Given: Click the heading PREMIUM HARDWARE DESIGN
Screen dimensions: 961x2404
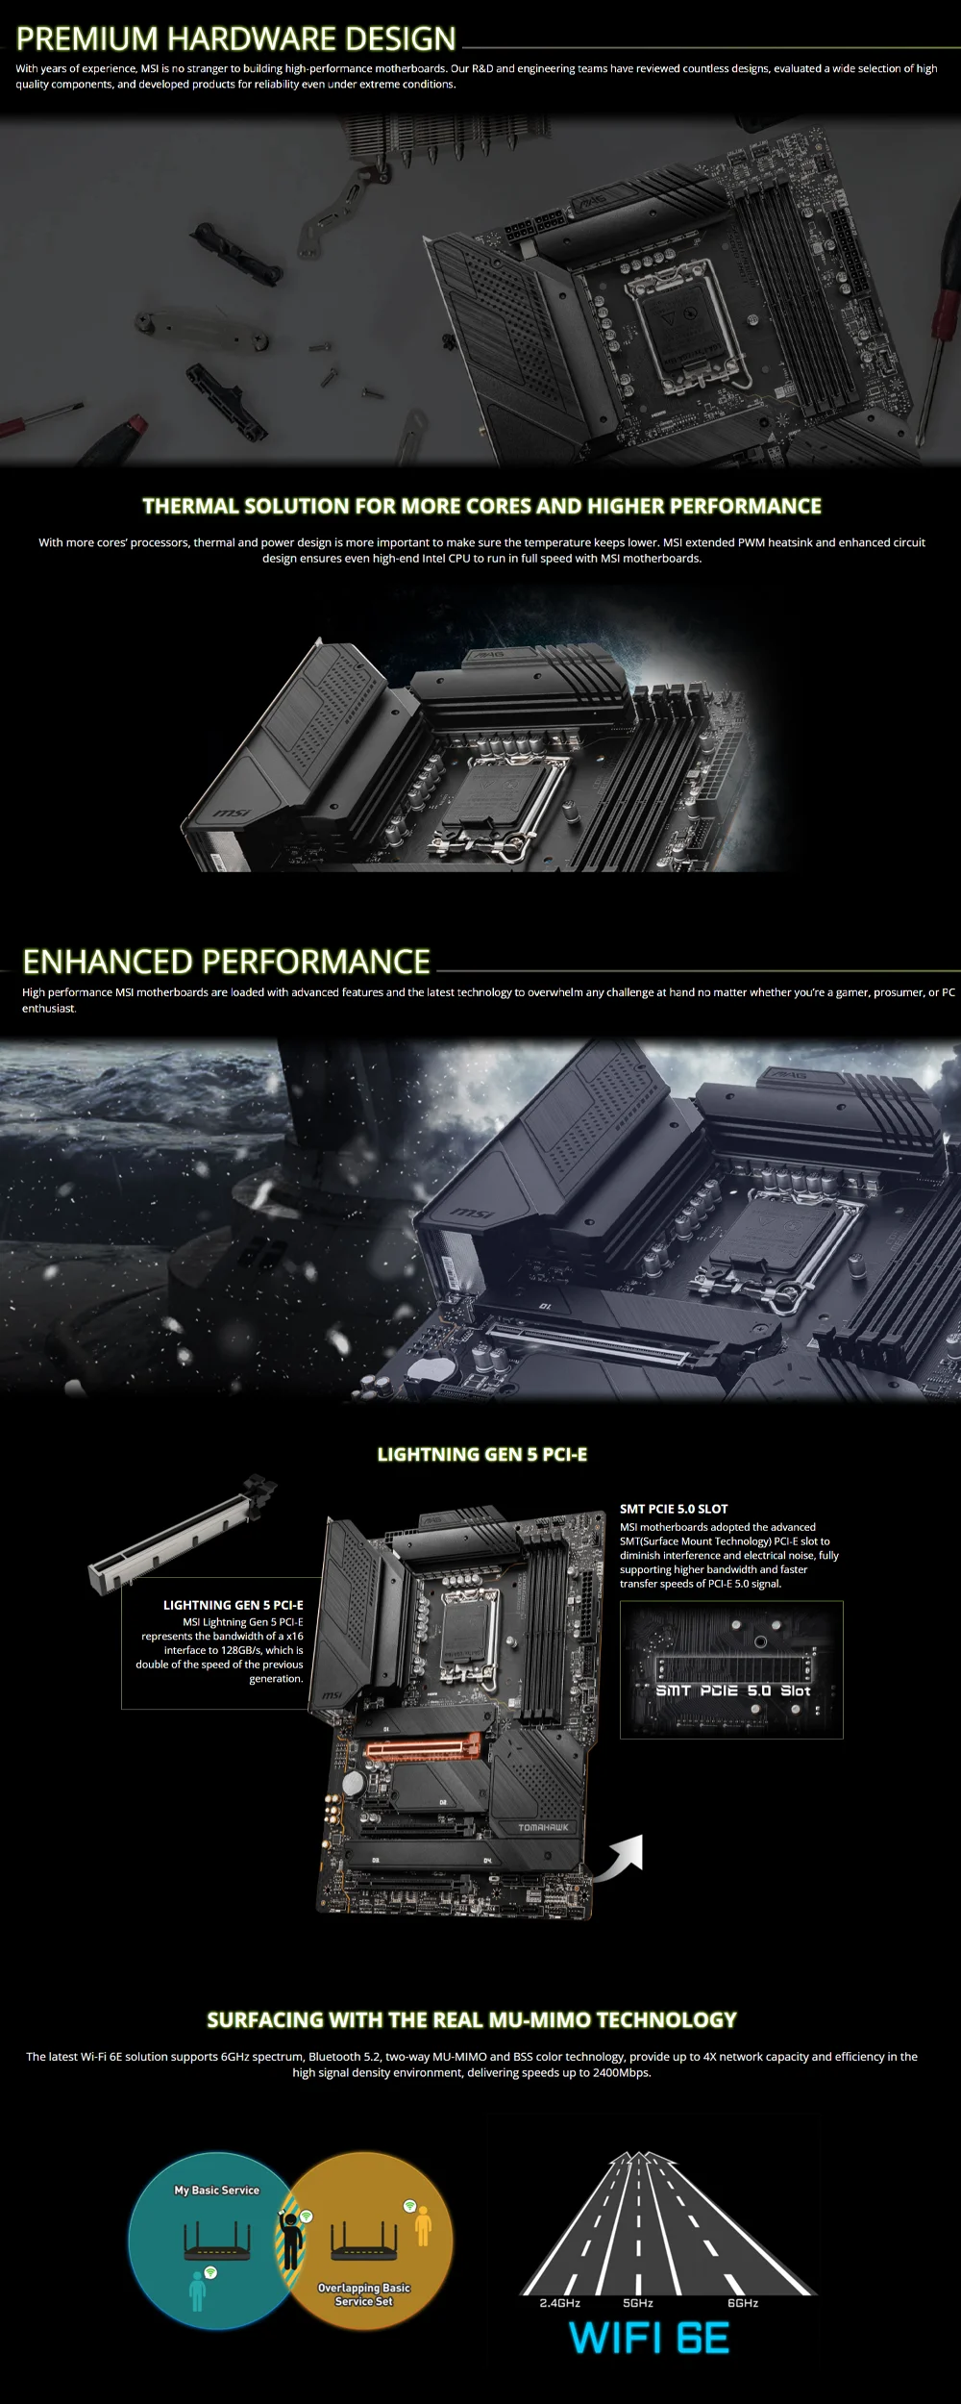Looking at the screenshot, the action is coord(236,38).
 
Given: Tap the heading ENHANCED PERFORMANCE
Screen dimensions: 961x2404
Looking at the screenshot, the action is coord(226,962).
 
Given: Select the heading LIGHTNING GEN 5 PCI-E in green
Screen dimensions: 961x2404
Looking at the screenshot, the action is coord(481,1454).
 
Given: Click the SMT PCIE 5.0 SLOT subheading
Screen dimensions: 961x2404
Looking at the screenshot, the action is coord(674,1509).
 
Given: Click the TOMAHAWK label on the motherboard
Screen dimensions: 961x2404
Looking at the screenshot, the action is coord(543,1827).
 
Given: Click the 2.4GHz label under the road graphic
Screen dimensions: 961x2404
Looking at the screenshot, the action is coord(560,2303).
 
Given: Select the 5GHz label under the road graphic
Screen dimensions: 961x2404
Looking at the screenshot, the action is coord(638,2303).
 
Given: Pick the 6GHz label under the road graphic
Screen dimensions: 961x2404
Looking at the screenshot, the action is coord(743,2303).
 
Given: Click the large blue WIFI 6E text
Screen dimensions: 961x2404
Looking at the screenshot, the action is coord(650,2338).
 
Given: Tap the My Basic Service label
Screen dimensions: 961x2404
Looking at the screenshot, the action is coord(216,2190).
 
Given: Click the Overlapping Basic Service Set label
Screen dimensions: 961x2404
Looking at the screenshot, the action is coord(364,2294).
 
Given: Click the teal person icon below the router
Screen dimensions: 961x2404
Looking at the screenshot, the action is coord(197,2291).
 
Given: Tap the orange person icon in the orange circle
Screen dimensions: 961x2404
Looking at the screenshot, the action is coord(423,2225).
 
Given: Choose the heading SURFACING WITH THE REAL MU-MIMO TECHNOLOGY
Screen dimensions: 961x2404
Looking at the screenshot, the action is coord(472,2019).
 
